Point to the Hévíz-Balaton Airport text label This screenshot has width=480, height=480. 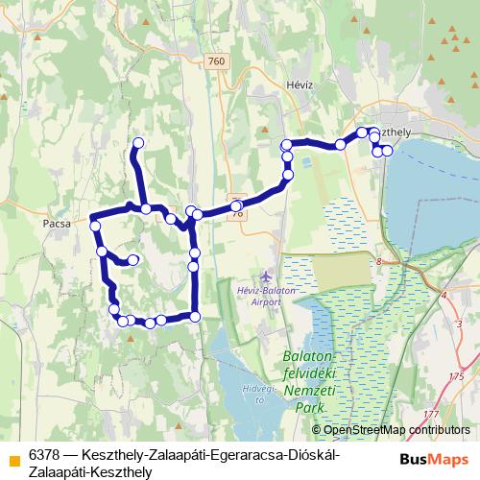point(258,296)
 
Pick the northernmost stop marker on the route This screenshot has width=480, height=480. point(137,143)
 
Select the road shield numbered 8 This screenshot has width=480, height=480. point(380,261)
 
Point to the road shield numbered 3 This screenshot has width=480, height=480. point(459,325)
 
